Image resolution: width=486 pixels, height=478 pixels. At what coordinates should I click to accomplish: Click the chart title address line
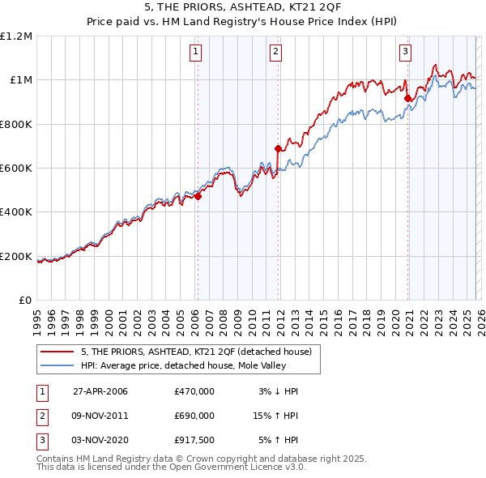tap(242, 10)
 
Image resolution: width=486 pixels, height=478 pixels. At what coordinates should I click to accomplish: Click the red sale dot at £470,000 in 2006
tap(198, 196)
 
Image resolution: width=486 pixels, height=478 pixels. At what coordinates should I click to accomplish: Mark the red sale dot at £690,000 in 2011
tap(278, 148)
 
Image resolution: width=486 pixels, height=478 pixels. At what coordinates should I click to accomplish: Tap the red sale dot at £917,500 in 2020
tap(407, 98)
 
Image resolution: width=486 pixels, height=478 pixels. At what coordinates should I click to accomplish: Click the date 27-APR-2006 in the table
tap(100, 391)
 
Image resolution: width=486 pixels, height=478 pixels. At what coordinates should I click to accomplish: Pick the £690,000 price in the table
tap(194, 416)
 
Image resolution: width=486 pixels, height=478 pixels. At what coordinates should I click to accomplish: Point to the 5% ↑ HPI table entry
tap(278, 440)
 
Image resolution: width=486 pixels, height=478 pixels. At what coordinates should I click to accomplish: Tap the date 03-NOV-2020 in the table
tap(100, 440)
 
